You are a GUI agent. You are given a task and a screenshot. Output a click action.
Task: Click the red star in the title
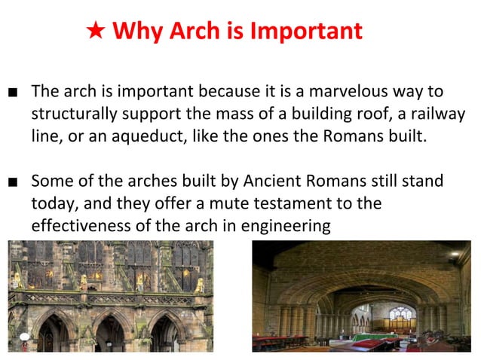[x=96, y=32]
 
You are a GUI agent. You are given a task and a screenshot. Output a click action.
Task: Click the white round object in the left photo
[x=24, y=337]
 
